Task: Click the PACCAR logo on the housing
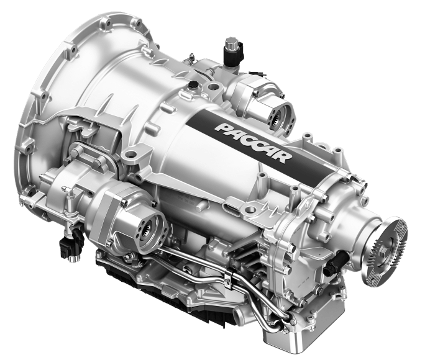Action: (254, 143)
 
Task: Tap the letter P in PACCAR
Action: (223, 128)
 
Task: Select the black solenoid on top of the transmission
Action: (232, 53)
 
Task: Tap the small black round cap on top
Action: (193, 84)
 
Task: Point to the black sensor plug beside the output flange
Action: (335, 261)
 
